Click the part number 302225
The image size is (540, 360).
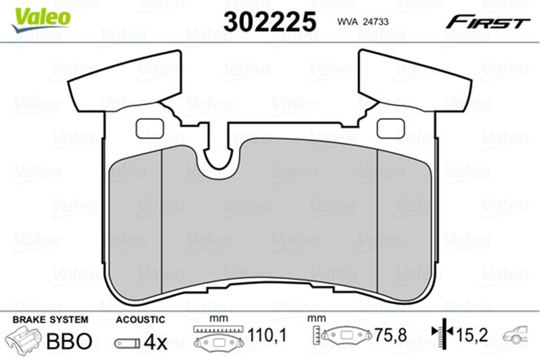click(270, 22)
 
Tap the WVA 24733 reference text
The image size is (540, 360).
click(363, 22)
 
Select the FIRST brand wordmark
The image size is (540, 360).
click(488, 22)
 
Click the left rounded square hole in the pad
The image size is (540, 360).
click(150, 129)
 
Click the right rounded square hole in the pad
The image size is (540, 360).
click(391, 129)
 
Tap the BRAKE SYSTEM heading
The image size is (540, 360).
click(50, 320)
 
